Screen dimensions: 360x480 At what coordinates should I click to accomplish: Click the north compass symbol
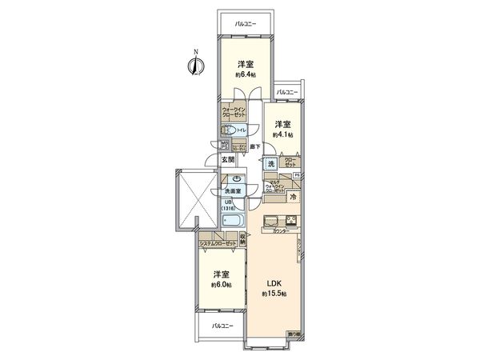(192, 65)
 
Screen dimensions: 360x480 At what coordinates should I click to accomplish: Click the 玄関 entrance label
(227, 159)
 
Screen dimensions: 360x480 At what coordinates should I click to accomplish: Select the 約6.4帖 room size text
(246, 74)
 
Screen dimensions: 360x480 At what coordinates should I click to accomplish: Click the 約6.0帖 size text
(222, 285)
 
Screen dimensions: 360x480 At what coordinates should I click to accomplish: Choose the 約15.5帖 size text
(273, 295)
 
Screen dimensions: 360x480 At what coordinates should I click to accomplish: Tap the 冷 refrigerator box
(293, 197)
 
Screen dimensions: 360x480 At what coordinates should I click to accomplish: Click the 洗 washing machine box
(271, 164)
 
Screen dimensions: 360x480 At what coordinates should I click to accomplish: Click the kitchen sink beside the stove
(271, 220)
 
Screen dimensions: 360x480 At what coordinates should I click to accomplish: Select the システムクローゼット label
(218, 242)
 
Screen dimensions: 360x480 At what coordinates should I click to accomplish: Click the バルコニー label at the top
(245, 25)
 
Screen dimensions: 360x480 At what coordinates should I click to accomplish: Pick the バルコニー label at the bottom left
(222, 326)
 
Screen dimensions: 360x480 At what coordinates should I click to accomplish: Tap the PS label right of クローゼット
(296, 174)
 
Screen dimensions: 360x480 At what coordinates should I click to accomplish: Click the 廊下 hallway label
(254, 147)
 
